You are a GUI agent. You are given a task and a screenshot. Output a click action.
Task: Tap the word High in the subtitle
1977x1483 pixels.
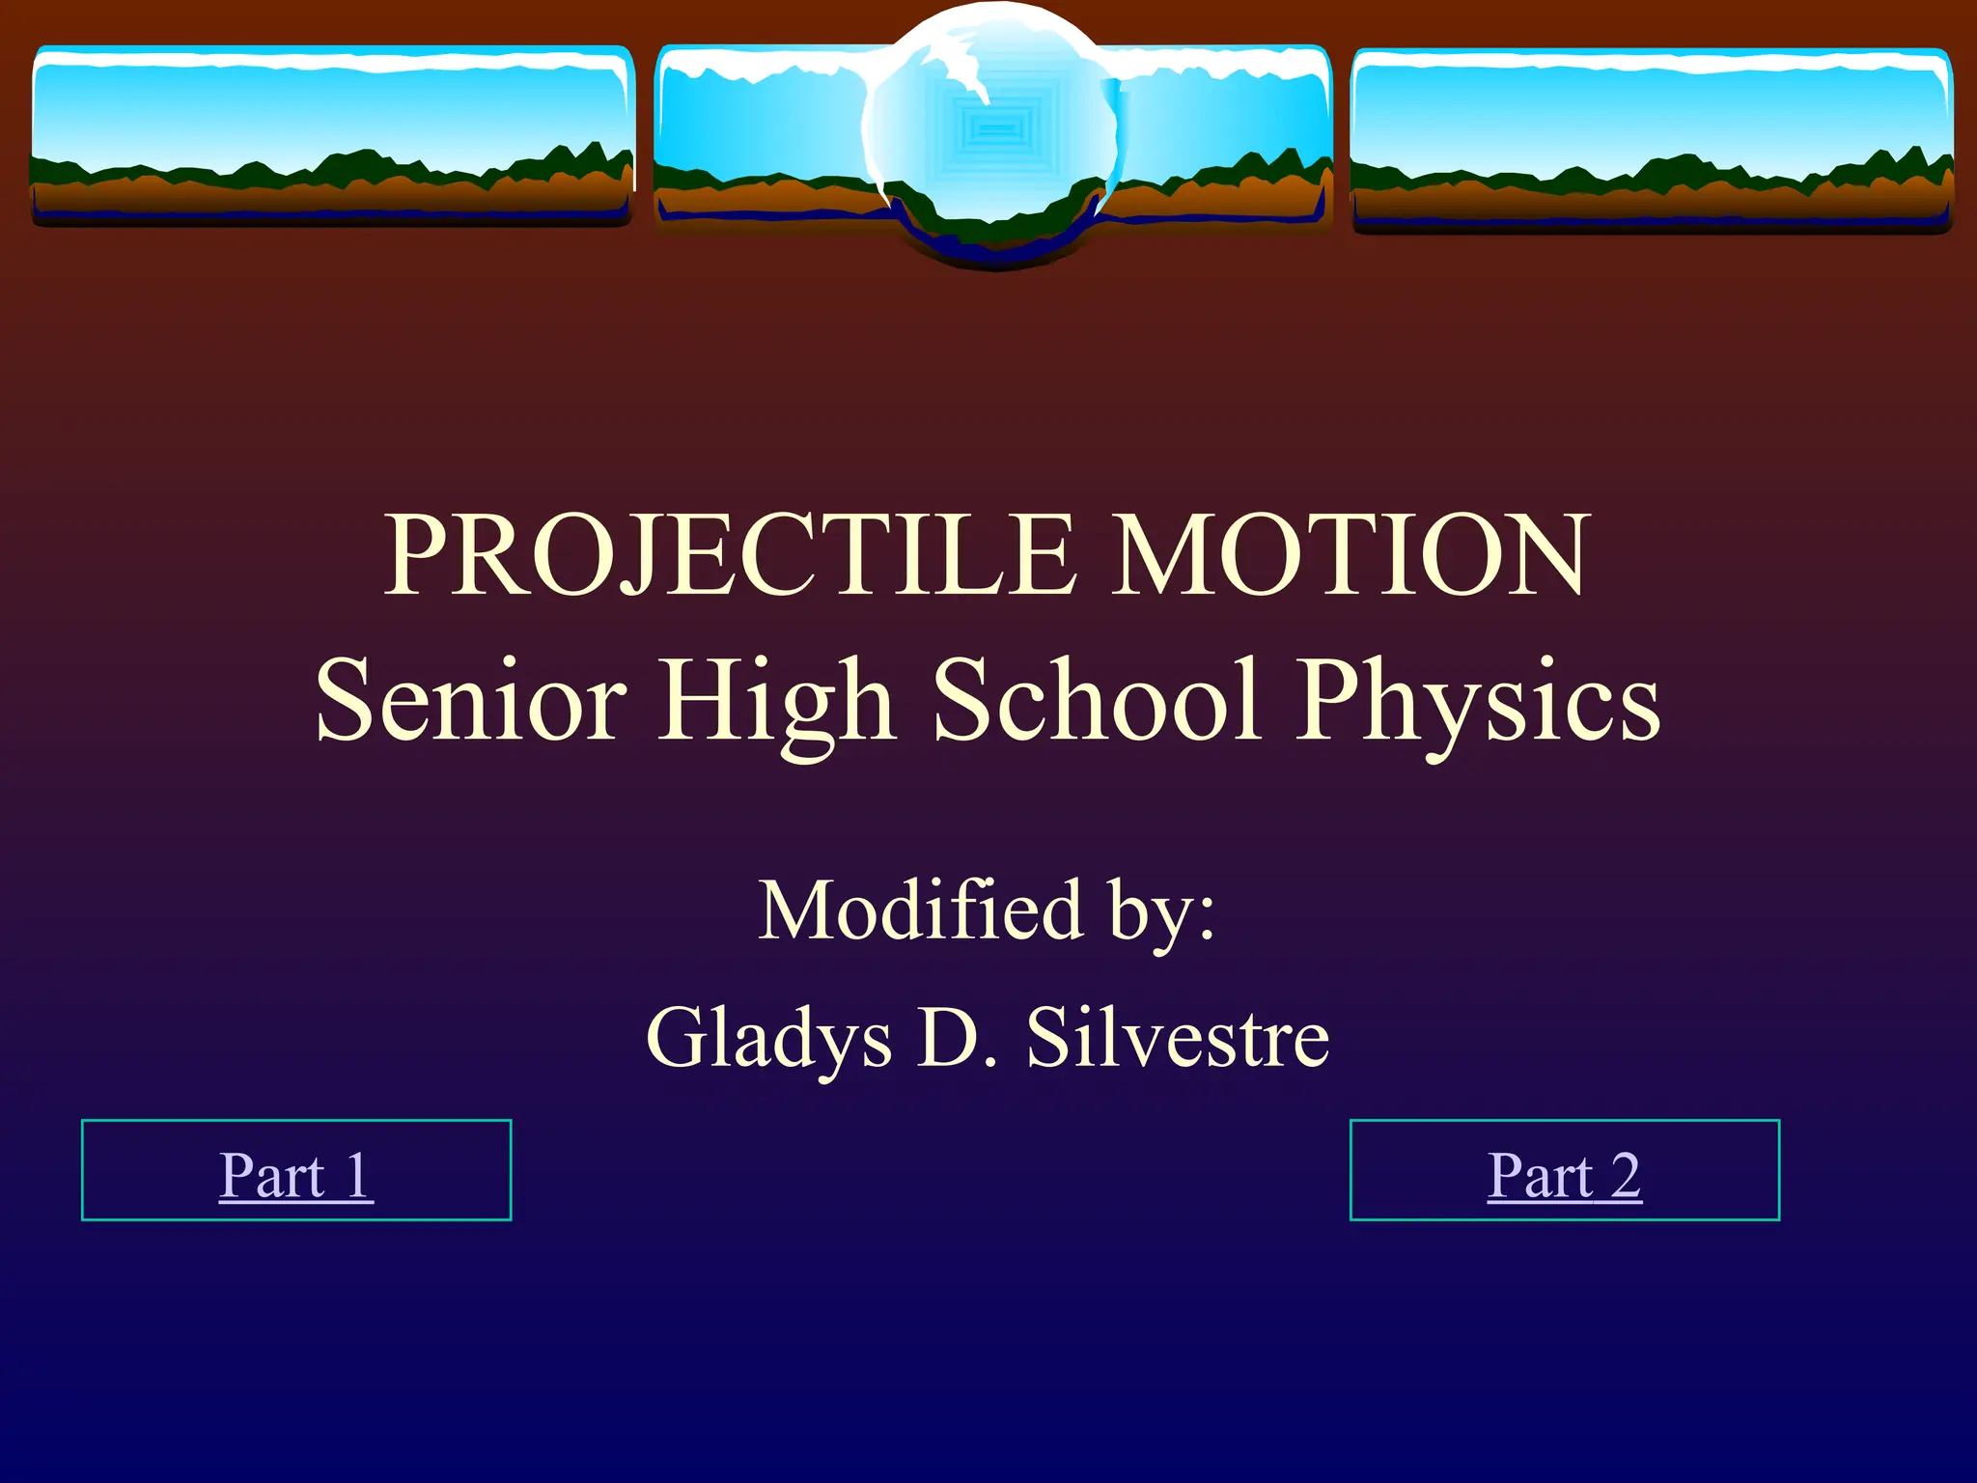tap(777, 702)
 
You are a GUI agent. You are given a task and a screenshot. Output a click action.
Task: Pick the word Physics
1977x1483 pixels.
tap(1477, 702)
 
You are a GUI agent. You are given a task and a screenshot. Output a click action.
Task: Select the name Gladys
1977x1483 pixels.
tap(768, 1039)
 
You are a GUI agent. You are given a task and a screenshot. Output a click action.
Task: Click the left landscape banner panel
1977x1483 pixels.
tap(332, 130)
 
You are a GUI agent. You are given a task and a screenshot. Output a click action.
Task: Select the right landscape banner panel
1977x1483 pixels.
tap(1651, 135)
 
